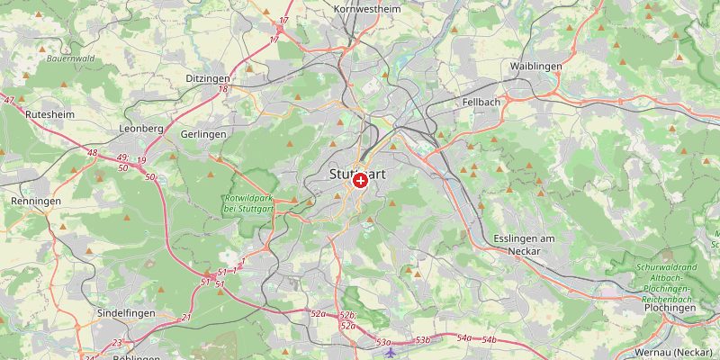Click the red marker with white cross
(360, 181)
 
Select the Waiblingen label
(536, 67)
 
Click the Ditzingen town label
(208, 79)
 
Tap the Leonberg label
(141, 129)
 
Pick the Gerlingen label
(203, 133)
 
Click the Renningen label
(36, 202)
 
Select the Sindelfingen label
(127, 312)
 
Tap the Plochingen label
(670, 307)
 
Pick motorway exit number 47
(9, 100)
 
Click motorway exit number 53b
(424, 340)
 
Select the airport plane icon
(390, 352)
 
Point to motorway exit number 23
(117, 343)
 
